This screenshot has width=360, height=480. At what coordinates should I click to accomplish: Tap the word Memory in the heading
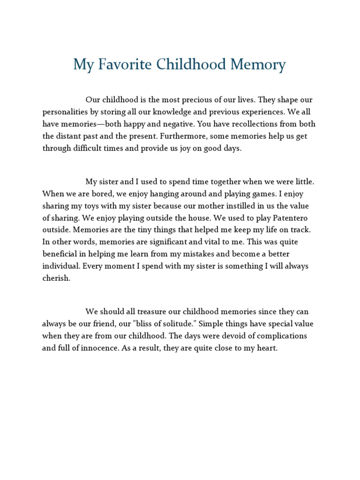[261, 65]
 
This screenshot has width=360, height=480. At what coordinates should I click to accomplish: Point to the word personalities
[66, 112]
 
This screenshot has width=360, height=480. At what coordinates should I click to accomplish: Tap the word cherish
[56, 278]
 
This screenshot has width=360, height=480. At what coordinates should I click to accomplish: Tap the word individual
[62, 266]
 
